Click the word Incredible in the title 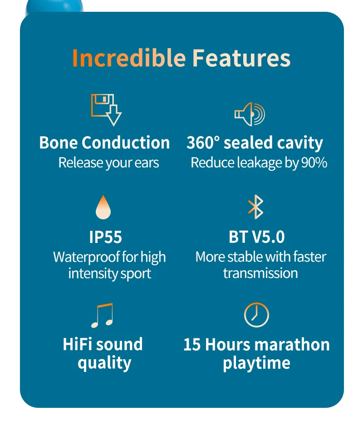pos(129,58)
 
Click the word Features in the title pos(241,58)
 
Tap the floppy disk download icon pos(106,109)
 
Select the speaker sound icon pos(249,114)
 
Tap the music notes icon pos(102,315)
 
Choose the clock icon pos(256,315)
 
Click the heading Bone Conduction pos(104,143)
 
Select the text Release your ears pos(109,163)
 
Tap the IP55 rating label pos(106,237)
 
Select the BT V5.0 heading pos(257,237)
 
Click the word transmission pos(260,273)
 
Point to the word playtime pos(256,363)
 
